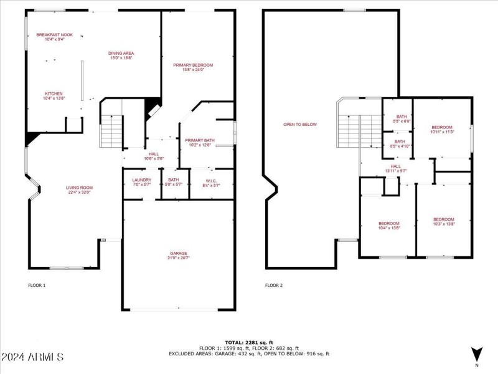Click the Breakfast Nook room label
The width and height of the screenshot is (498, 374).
tap(55, 37)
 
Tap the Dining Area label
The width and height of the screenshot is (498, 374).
tap(122, 55)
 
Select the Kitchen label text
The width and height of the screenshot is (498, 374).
tap(54, 95)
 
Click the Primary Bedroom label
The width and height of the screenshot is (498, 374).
tap(193, 67)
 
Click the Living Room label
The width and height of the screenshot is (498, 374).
tap(80, 189)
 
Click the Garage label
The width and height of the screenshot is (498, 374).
tap(179, 256)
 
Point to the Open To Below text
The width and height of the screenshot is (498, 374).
tap(300, 125)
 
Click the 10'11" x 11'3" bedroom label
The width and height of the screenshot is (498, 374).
tap(442, 129)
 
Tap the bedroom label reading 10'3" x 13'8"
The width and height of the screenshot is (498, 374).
tap(444, 221)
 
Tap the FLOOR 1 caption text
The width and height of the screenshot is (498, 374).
tap(37, 285)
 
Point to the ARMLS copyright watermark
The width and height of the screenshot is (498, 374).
tap(32, 357)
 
